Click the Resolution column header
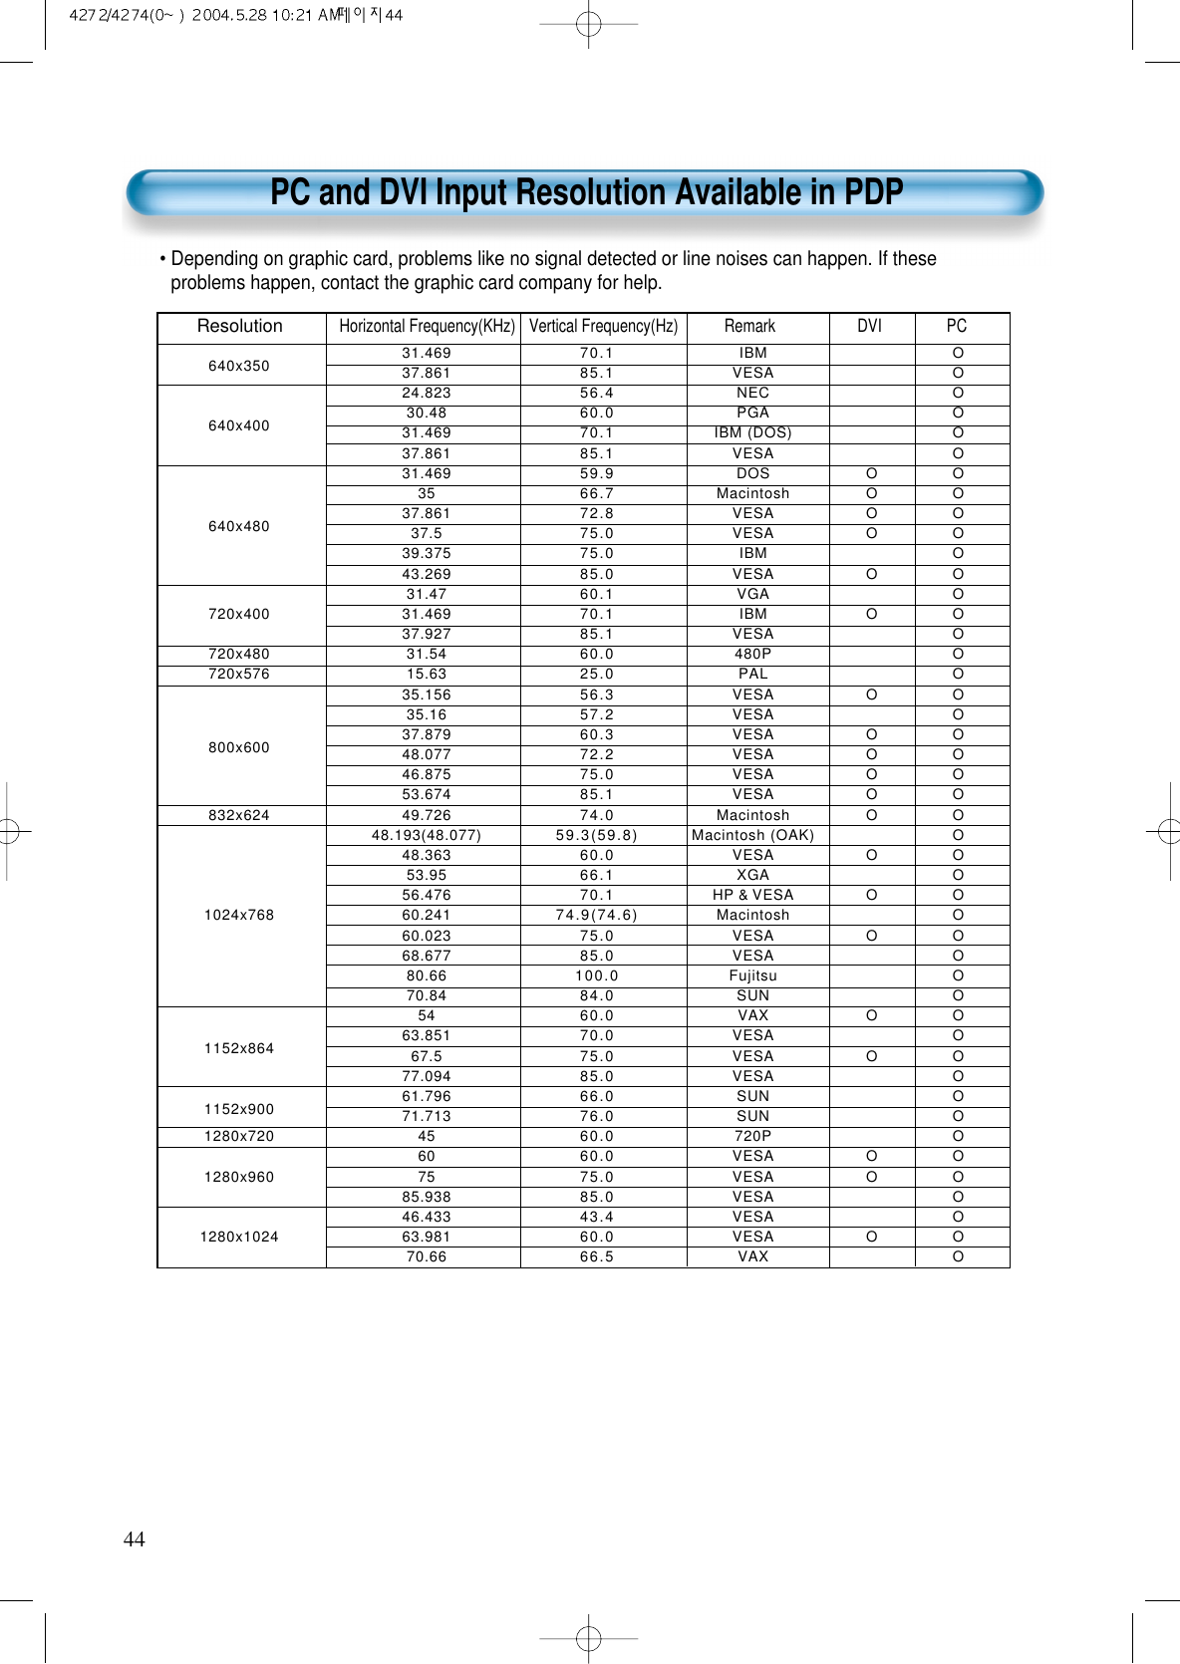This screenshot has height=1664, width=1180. pos(240,327)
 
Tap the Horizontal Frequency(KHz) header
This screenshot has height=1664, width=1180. pos(427,327)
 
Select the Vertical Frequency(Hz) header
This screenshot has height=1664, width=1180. pos(603,327)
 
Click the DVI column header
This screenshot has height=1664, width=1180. pos(869,327)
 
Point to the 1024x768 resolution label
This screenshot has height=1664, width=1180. pos(239,915)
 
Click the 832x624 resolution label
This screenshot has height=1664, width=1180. pos(239,815)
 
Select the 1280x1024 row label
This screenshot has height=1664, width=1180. pos(239,1237)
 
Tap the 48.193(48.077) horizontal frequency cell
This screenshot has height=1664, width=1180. pos(427,835)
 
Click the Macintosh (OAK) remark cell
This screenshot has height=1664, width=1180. pos(752,835)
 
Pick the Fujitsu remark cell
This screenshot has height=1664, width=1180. pos(752,975)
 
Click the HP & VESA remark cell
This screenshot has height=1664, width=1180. pos(752,895)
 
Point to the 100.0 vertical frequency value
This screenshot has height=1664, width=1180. pos(597,975)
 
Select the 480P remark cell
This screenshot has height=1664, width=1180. pos(752,654)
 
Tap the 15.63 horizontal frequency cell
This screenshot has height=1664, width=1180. pos(427,674)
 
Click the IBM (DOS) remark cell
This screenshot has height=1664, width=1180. pos(752,432)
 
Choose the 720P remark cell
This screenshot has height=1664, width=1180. pos(752,1136)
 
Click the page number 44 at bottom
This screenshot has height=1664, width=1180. pos(134,1539)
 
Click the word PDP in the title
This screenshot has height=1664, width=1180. pos(873,192)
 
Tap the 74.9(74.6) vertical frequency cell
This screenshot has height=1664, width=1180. pos(597,915)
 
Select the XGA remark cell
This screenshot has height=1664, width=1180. pos(752,875)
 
